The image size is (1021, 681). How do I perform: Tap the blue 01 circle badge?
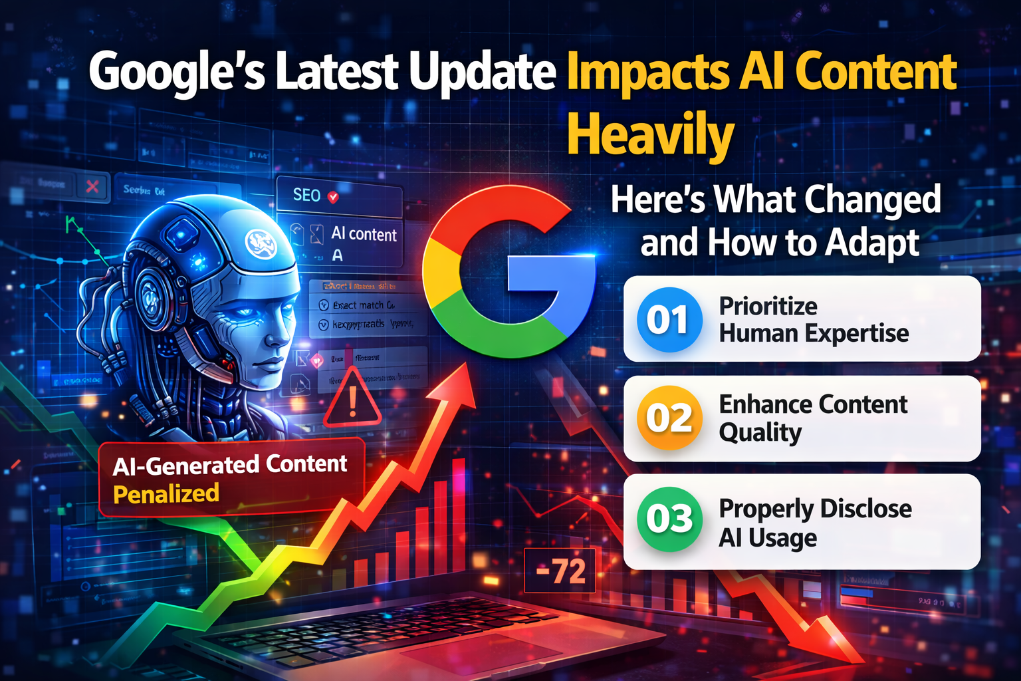(669, 320)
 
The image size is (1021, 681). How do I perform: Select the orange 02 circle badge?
(669, 418)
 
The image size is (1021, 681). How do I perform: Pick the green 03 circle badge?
(669, 519)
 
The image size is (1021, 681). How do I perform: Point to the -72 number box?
(560, 571)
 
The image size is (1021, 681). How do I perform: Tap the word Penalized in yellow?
(166, 494)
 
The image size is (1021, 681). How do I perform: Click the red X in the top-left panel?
(92, 187)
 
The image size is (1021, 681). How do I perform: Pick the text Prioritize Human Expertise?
(812, 320)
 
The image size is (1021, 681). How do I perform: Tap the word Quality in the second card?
(760, 433)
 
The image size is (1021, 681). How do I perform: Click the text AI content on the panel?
(364, 234)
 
